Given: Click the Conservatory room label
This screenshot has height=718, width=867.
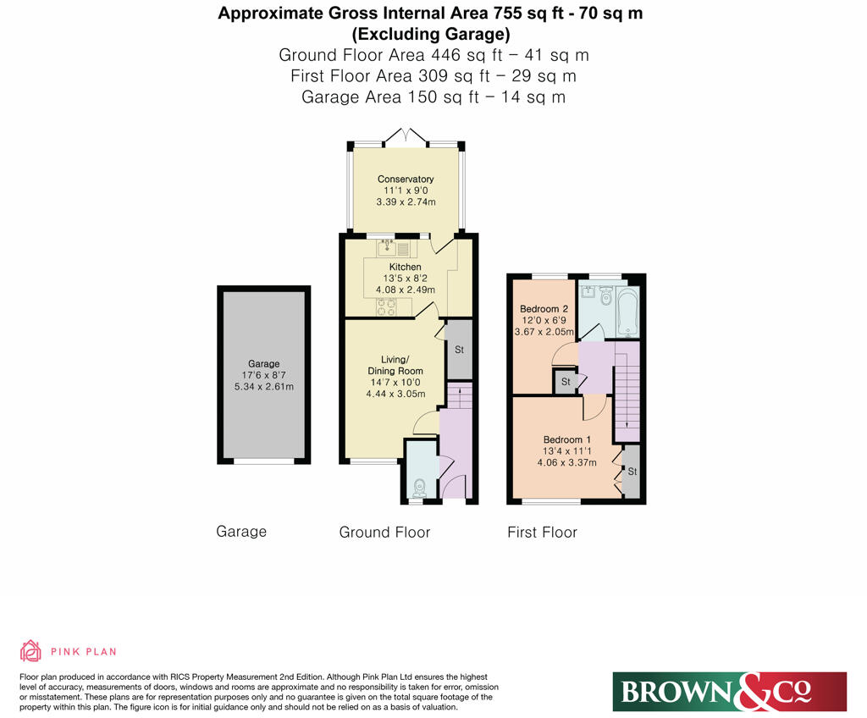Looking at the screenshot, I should [406, 179].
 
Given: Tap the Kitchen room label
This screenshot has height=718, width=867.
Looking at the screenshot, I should [406, 268].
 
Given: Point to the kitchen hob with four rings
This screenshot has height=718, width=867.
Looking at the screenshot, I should [387, 307].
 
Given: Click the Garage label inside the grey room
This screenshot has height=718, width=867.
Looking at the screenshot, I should [263, 364].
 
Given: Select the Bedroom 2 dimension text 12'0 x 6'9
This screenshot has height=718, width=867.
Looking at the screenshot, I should [543, 320].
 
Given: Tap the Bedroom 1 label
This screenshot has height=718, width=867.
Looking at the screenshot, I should [566, 439].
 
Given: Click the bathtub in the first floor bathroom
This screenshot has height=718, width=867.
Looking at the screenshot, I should [628, 312].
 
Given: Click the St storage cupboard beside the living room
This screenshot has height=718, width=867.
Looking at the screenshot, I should [459, 350].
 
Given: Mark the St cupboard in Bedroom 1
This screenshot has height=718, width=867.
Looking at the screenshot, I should [632, 471].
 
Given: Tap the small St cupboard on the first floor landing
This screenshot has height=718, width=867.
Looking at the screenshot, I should [565, 383].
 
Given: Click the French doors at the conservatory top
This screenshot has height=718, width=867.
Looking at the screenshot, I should [406, 135].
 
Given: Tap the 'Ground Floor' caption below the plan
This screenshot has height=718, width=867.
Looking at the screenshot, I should [384, 533].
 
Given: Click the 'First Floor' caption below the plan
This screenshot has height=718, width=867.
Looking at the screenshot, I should [542, 533].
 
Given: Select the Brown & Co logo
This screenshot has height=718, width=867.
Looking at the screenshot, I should [729, 692].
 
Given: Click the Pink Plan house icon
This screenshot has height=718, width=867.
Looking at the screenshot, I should [30, 650].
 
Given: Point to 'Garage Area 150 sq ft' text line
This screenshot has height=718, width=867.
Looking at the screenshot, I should [433, 97].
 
